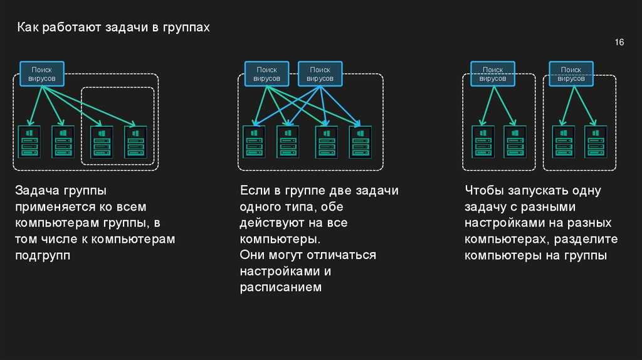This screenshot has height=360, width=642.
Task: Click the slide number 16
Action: coord(619,42)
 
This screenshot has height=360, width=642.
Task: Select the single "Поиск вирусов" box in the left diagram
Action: coord(43,73)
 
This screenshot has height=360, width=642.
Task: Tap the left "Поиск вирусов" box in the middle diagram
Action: coord(266,74)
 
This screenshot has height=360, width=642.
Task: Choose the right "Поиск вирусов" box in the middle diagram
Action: coord(320,74)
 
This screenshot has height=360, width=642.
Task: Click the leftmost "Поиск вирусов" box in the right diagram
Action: coord(493,73)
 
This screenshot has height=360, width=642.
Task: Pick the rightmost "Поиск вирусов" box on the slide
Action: coord(571,73)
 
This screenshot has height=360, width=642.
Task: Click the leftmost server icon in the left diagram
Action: coord(29,141)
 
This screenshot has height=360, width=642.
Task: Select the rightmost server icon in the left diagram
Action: coord(135,141)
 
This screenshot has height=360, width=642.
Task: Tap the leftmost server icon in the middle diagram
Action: coord(254,141)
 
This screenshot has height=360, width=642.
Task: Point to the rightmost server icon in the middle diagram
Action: coord(359,141)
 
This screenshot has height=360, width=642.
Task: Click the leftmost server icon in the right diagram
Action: coord(482,141)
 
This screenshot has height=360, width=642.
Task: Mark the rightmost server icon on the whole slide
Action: coord(596,141)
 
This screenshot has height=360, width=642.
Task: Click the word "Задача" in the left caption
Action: coord(35,191)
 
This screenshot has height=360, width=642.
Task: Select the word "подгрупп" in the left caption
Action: coord(43,255)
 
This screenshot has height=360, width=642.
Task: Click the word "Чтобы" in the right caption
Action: coord(484,191)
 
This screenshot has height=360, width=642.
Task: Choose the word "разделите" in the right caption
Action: coord(587,239)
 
